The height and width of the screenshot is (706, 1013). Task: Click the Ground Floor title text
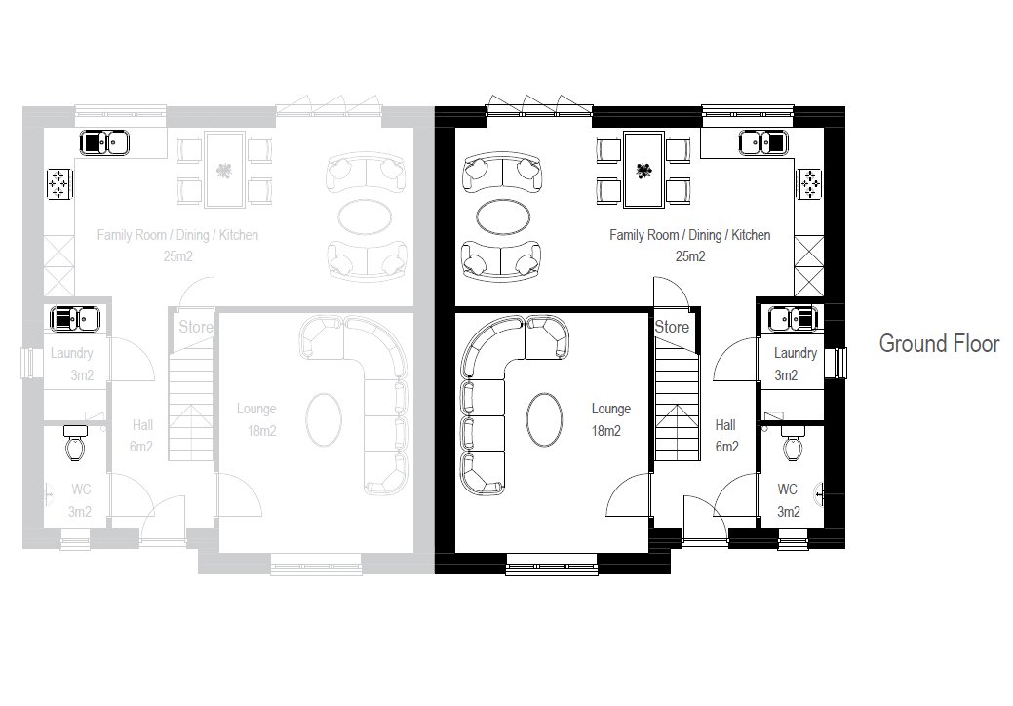(x=939, y=343)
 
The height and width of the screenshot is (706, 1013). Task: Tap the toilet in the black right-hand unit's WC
(x=791, y=442)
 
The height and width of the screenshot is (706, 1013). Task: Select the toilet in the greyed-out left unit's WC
(x=76, y=442)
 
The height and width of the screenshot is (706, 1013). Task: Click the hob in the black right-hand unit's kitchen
(x=809, y=184)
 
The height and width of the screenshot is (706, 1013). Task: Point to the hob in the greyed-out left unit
(x=58, y=184)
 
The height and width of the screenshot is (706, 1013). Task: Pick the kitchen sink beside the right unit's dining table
(x=763, y=142)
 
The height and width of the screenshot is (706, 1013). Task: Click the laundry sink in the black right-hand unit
(x=793, y=319)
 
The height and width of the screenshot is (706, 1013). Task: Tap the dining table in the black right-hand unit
(x=643, y=170)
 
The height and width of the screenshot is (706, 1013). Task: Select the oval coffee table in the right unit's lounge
(x=544, y=419)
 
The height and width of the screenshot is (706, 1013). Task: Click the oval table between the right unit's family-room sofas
(x=503, y=217)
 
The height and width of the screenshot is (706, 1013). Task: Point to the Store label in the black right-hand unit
(x=672, y=327)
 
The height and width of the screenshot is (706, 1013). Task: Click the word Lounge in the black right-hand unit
(x=611, y=409)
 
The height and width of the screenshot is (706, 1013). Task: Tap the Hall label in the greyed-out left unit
(x=142, y=424)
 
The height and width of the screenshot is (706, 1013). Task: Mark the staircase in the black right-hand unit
(x=678, y=401)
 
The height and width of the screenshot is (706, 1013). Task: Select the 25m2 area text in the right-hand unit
(x=690, y=256)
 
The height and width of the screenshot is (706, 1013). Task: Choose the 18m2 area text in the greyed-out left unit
(x=261, y=431)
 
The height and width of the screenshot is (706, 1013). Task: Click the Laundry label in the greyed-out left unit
(x=72, y=353)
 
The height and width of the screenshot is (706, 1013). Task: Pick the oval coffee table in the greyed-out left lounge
(x=324, y=419)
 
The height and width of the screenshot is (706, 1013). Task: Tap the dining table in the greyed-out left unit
(x=225, y=170)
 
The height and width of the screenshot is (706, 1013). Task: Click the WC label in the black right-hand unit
(x=788, y=489)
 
